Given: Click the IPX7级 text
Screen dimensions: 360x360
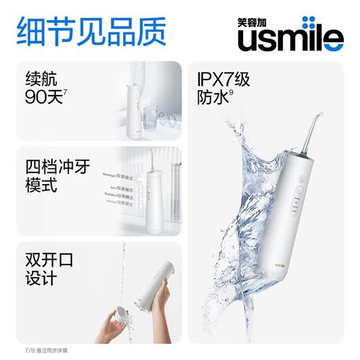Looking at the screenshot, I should point(231,80).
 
